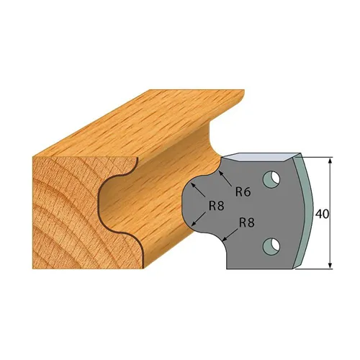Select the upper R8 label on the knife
(215, 204)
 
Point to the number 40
(322, 213)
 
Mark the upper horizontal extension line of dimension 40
(317, 156)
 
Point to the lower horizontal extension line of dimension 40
(317, 269)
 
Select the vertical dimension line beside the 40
(330, 187)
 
